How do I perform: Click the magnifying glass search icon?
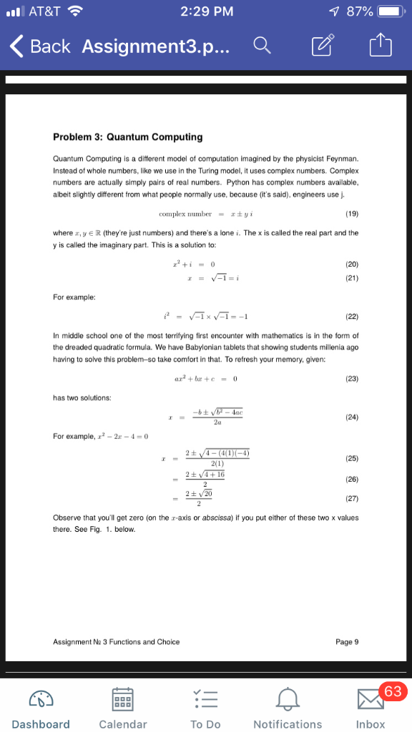[263, 47]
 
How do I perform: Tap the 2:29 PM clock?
[207, 11]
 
